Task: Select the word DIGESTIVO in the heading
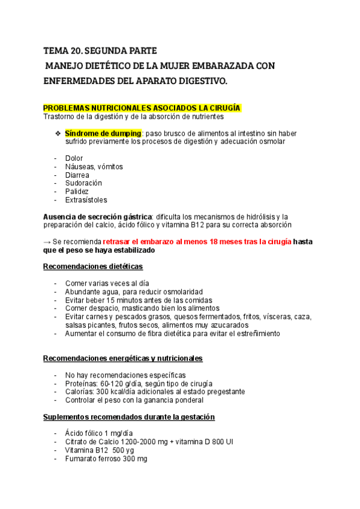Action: tap(202, 80)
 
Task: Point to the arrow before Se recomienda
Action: tap(47, 241)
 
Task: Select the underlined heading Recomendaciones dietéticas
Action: tap(93, 267)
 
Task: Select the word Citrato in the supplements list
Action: tap(78, 442)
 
